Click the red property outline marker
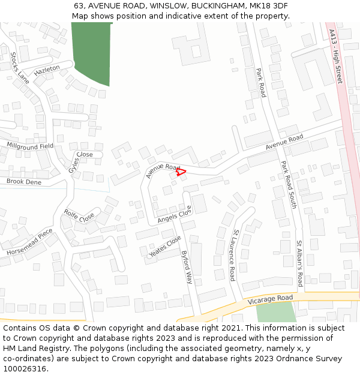[181, 172]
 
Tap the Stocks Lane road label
[20, 67]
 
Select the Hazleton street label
[47, 70]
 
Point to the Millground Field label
[30, 146]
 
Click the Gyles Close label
[82, 160]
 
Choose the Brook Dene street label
[24, 181]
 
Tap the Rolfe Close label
[79, 215]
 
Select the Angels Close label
[175, 215]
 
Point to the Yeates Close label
[165, 247]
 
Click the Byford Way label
[187, 267]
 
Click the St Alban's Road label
[299, 263]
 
